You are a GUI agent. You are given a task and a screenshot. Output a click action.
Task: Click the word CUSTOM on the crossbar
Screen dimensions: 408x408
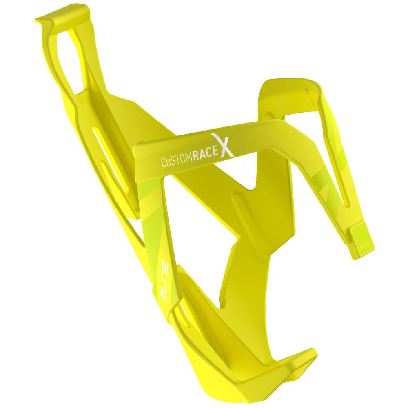(x=177, y=160)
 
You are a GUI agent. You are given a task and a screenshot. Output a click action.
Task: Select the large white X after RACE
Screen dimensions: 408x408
(x=223, y=145)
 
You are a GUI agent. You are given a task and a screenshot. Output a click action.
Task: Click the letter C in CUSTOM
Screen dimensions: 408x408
(x=164, y=163)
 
